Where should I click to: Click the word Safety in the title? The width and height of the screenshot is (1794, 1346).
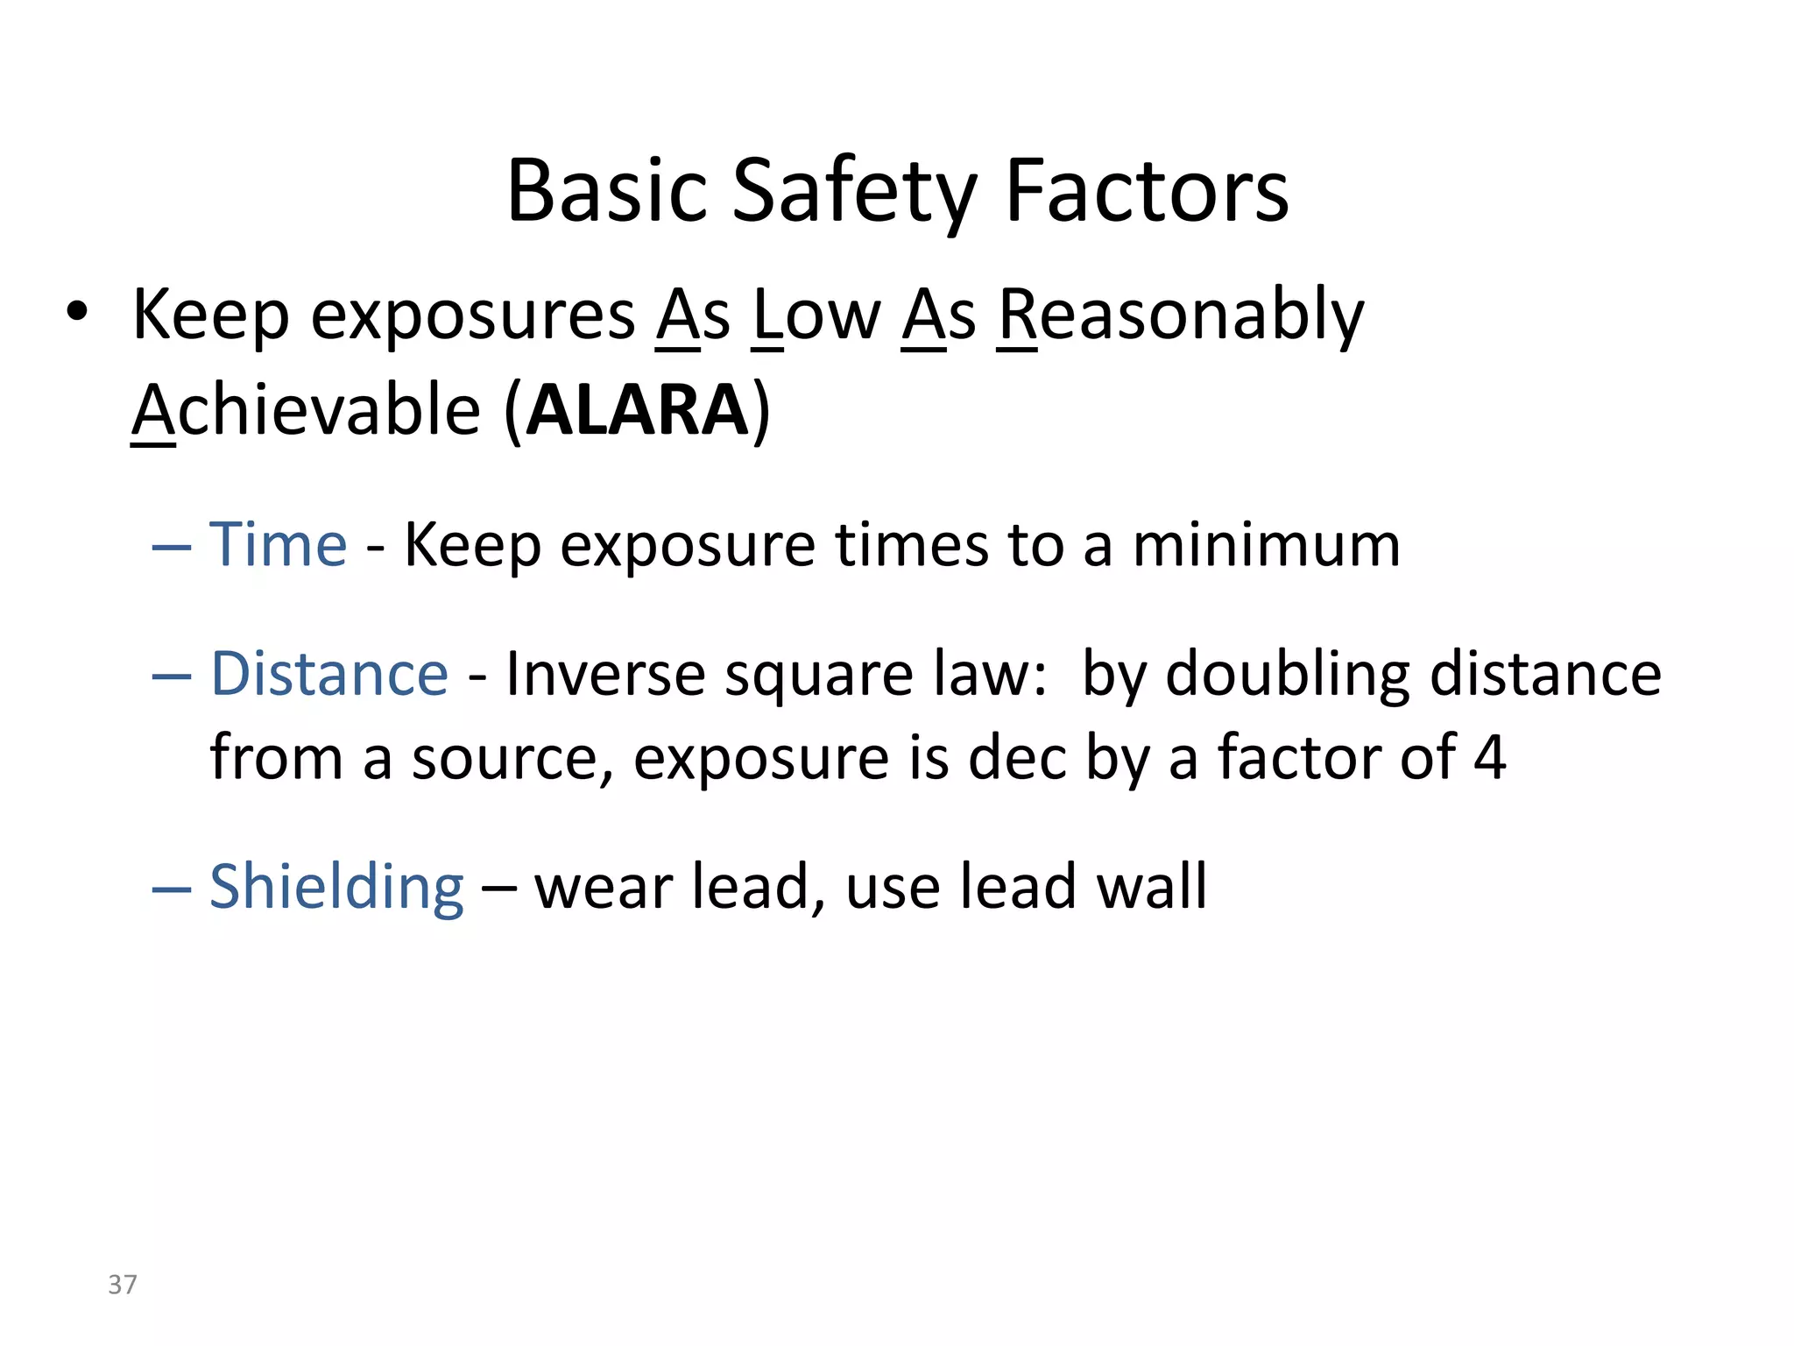pos(854,191)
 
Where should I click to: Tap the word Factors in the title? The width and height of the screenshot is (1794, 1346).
pos(1147,191)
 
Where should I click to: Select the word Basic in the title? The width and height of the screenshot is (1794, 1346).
pos(607,191)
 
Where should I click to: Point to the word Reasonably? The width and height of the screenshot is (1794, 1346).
pos(1181,315)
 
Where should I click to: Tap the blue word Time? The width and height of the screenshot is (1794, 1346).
pos(279,545)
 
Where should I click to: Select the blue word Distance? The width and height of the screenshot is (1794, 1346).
pos(329,674)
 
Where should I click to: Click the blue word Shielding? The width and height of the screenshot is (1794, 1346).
pos(336,887)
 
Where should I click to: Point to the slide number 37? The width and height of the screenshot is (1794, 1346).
pos(123,1285)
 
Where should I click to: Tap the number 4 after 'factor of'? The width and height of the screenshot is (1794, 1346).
pos(1489,757)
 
